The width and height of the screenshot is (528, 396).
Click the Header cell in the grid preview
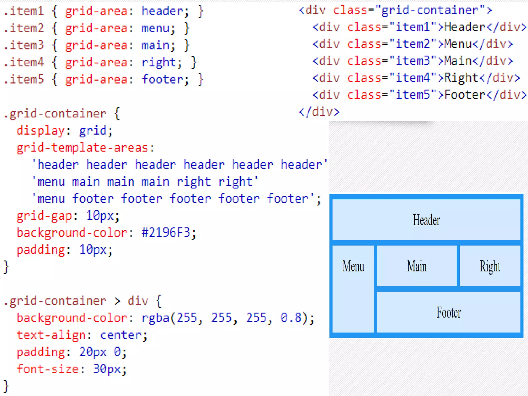pos(426,220)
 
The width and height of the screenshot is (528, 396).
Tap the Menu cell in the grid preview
pos(353,289)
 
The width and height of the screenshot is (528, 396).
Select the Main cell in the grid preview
pos(417,266)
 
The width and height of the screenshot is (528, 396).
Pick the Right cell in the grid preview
pos(490,266)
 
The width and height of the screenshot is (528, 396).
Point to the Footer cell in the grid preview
pos(449,312)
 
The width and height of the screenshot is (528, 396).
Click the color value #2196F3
pos(166,233)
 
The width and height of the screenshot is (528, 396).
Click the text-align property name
pos(51,335)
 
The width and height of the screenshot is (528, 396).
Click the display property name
pos(40,130)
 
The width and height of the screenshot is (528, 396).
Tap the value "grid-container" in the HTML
pos(430,11)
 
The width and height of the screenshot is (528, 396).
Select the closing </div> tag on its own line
pos(319,112)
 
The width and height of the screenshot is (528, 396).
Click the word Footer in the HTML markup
pos(465,95)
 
